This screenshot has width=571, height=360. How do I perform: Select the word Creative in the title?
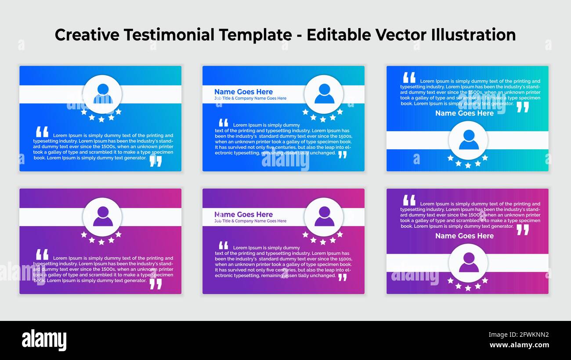(87, 35)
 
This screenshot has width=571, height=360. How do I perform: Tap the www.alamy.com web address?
(519, 345)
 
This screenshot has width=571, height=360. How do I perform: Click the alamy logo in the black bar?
(44, 340)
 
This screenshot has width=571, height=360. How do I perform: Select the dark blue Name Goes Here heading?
(243, 92)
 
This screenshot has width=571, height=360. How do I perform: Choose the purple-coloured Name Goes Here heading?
(243, 214)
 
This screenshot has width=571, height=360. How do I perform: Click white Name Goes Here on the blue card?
(464, 113)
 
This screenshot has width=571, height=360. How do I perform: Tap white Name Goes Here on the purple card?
(464, 236)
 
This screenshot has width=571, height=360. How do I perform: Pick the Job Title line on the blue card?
(250, 98)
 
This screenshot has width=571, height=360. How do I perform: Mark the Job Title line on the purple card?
(250, 221)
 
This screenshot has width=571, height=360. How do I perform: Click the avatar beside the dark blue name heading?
(324, 94)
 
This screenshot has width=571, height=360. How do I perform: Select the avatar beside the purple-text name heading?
(324, 216)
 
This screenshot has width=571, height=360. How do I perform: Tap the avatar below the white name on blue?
(468, 140)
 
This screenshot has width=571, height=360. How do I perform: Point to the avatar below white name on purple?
(468, 263)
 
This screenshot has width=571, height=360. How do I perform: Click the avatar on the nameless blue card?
(102, 94)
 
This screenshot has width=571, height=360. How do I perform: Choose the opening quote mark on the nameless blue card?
(42, 131)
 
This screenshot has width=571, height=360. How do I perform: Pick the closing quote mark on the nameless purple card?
(155, 284)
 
